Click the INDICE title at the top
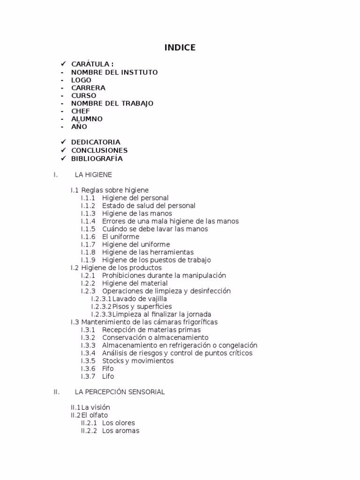180,48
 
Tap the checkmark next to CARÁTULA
62,63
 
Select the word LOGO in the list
81,80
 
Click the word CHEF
80,111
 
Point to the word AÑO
79,127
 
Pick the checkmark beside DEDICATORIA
62,142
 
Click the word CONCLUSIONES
99,150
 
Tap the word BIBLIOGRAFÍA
97,158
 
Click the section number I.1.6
88,237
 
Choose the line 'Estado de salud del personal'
149,206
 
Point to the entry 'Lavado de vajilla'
140,299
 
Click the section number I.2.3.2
101,307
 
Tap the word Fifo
108,368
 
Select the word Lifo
108,376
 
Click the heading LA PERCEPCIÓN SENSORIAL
120,392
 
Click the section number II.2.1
89,423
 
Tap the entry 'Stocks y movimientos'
138,361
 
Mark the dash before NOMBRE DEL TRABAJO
62,103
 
